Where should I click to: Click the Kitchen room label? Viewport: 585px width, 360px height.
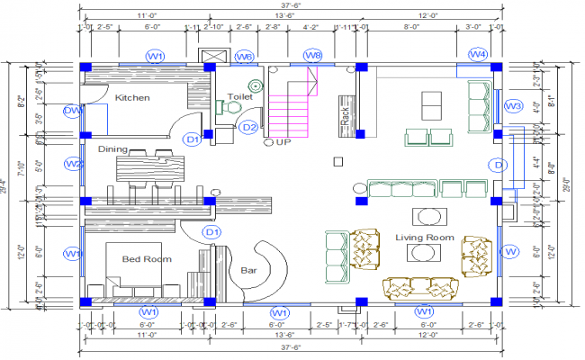tap(131, 96)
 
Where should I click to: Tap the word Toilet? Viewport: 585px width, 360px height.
tap(239, 94)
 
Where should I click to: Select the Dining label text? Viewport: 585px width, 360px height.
tap(113, 149)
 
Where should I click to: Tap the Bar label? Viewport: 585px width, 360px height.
tap(249, 269)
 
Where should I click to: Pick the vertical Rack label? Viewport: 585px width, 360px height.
tap(344, 115)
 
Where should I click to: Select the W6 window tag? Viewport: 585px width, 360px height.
tap(244, 57)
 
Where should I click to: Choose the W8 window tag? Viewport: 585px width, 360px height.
tap(311, 56)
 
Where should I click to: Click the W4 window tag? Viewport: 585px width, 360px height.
tap(478, 56)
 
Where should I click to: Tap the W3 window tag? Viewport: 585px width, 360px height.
tap(513, 106)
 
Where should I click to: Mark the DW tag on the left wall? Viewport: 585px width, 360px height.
tap(74, 111)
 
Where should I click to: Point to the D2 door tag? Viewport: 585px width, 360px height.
tap(249, 128)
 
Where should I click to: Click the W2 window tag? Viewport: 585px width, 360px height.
tap(74, 164)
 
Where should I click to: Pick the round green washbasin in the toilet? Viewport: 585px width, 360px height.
tap(256, 86)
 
